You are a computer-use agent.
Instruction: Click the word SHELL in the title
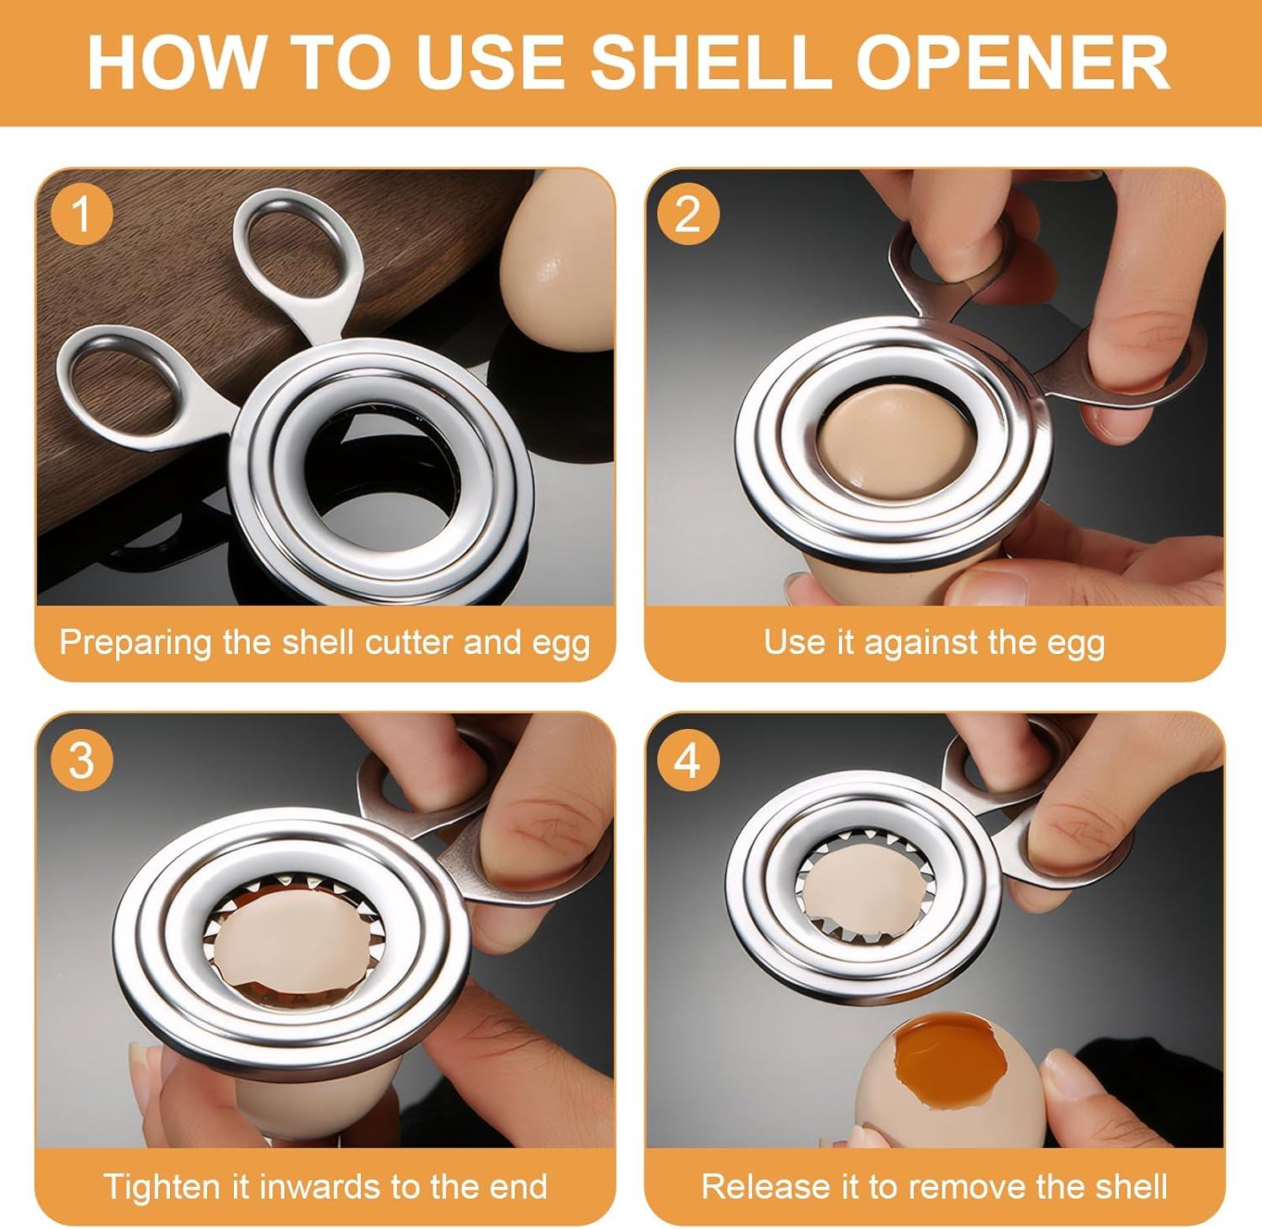point(708,62)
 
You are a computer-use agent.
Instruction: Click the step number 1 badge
point(82,214)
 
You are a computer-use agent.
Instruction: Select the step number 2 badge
point(688,214)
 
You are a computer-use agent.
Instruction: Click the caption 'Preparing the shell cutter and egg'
point(325,642)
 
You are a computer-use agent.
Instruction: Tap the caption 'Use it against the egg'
point(934,642)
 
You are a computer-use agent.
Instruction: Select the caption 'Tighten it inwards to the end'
point(325,1187)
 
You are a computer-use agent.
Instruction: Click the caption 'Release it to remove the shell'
point(934,1187)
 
